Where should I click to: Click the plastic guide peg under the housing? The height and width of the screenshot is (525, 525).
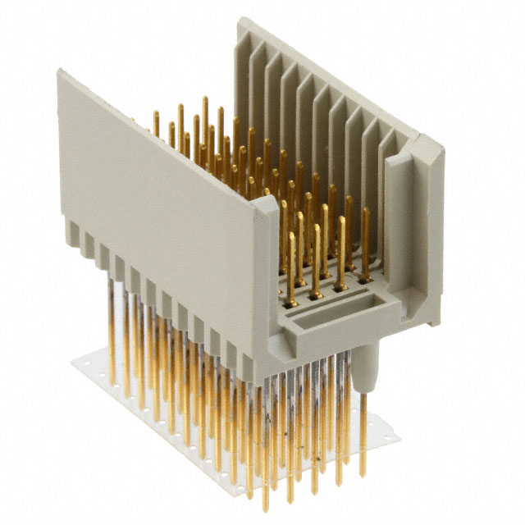tap(366, 366)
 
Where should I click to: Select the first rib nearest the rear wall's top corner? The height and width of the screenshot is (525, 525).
tap(256, 66)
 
